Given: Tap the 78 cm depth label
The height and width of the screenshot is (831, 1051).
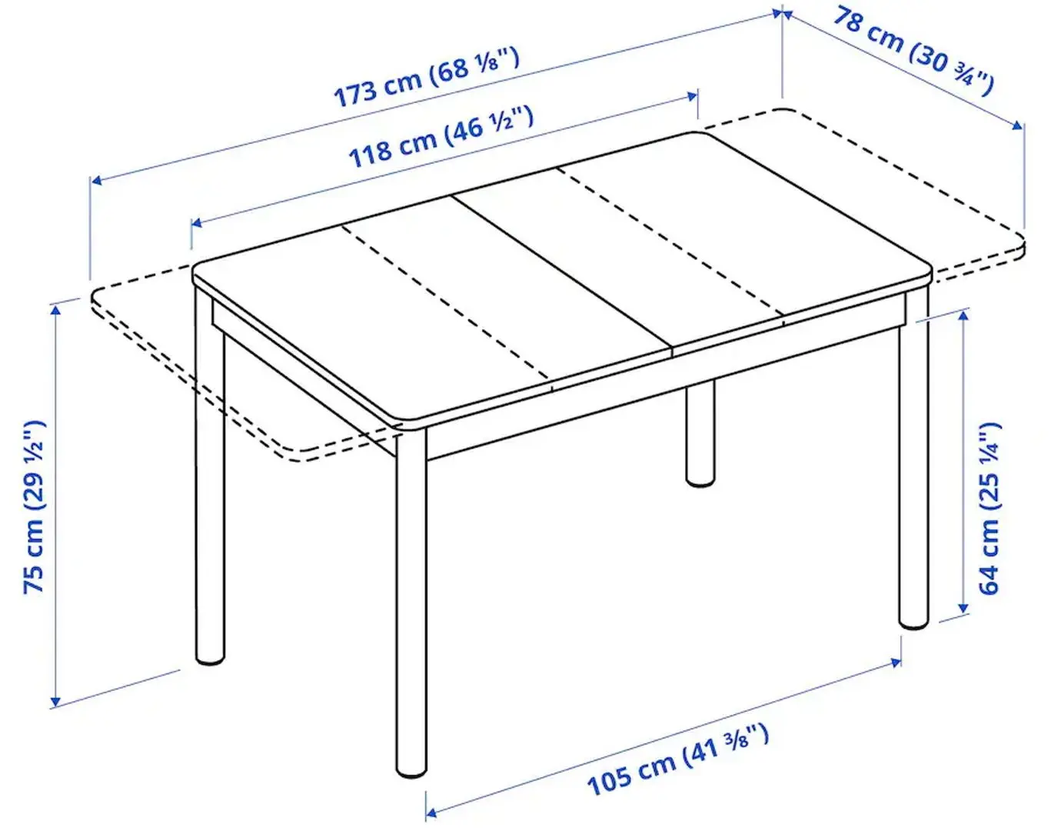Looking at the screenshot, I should point(913,51).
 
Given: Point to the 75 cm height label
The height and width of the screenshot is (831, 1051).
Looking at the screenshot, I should point(35,507).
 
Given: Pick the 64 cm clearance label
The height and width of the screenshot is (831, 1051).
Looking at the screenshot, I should point(991,508).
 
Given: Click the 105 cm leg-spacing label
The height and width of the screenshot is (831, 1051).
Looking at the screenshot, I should point(677,759).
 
